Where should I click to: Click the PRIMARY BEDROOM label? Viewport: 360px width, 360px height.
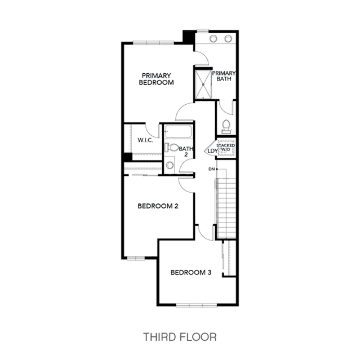[156, 79]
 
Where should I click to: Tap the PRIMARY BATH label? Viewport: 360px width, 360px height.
[224, 76]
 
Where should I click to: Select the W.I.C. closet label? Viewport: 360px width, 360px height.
[145, 140]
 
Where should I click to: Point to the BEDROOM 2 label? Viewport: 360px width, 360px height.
[158, 206]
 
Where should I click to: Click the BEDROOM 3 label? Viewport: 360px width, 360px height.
[191, 273]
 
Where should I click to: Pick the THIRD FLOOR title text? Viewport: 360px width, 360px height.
[180, 337]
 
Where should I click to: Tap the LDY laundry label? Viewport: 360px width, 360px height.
[212, 151]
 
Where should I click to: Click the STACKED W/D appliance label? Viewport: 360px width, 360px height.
[226, 148]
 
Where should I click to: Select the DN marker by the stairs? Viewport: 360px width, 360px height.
[212, 169]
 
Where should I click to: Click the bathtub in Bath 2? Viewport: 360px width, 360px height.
[178, 132]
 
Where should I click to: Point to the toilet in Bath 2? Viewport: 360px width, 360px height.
[172, 148]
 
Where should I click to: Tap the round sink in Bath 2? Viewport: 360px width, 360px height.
[170, 165]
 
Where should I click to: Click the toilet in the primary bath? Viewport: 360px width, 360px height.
[226, 127]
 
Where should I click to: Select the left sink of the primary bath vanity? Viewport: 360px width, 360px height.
[213, 38]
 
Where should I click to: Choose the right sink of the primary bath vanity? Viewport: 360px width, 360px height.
[228, 38]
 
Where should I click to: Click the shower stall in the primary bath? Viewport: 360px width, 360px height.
[203, 85]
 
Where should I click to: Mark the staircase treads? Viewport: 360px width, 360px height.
[226, 208]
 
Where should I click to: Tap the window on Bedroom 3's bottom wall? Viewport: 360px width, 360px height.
[196, 305]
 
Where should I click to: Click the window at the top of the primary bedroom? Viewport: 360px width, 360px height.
[153, 43]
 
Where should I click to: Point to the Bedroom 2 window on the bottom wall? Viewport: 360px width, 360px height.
[136, 258]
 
